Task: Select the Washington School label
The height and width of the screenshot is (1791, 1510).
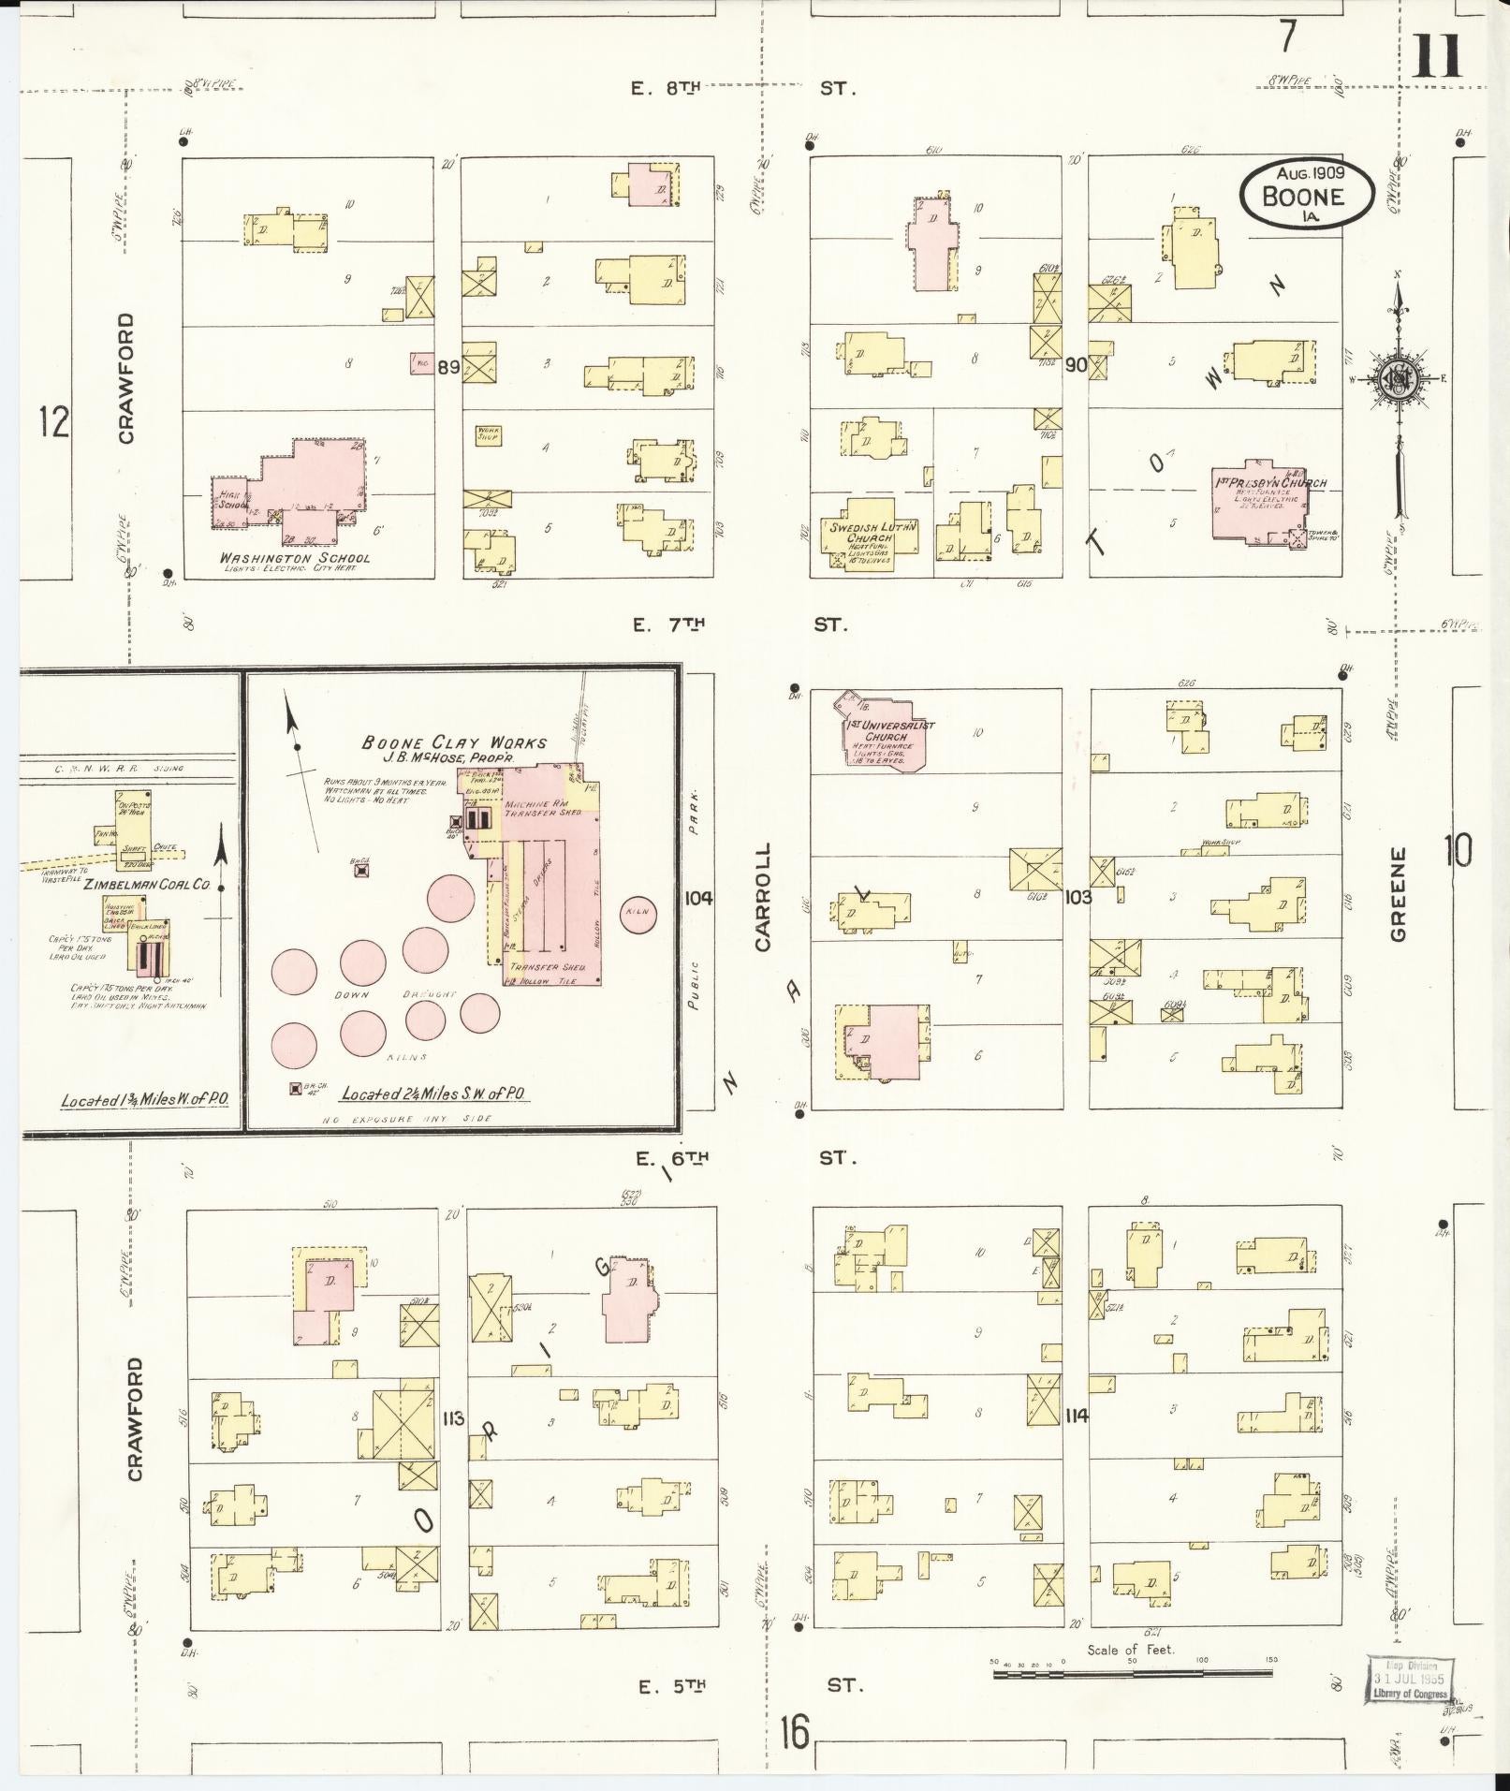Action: click(294, 558)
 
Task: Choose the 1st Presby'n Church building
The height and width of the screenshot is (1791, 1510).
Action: click(1260, 504)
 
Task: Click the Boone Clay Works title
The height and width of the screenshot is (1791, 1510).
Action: click(454, 742)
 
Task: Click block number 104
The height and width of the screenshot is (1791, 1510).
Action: click(698, 898)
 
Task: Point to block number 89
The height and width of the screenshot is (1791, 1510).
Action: click(448, 367)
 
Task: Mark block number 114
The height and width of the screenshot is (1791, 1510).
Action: click(1076, 1417)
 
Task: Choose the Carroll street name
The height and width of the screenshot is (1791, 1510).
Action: click(763, 897)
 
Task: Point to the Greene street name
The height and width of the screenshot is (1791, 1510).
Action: click(1399, 894)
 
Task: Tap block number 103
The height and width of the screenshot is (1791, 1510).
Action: click(1078, 897)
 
